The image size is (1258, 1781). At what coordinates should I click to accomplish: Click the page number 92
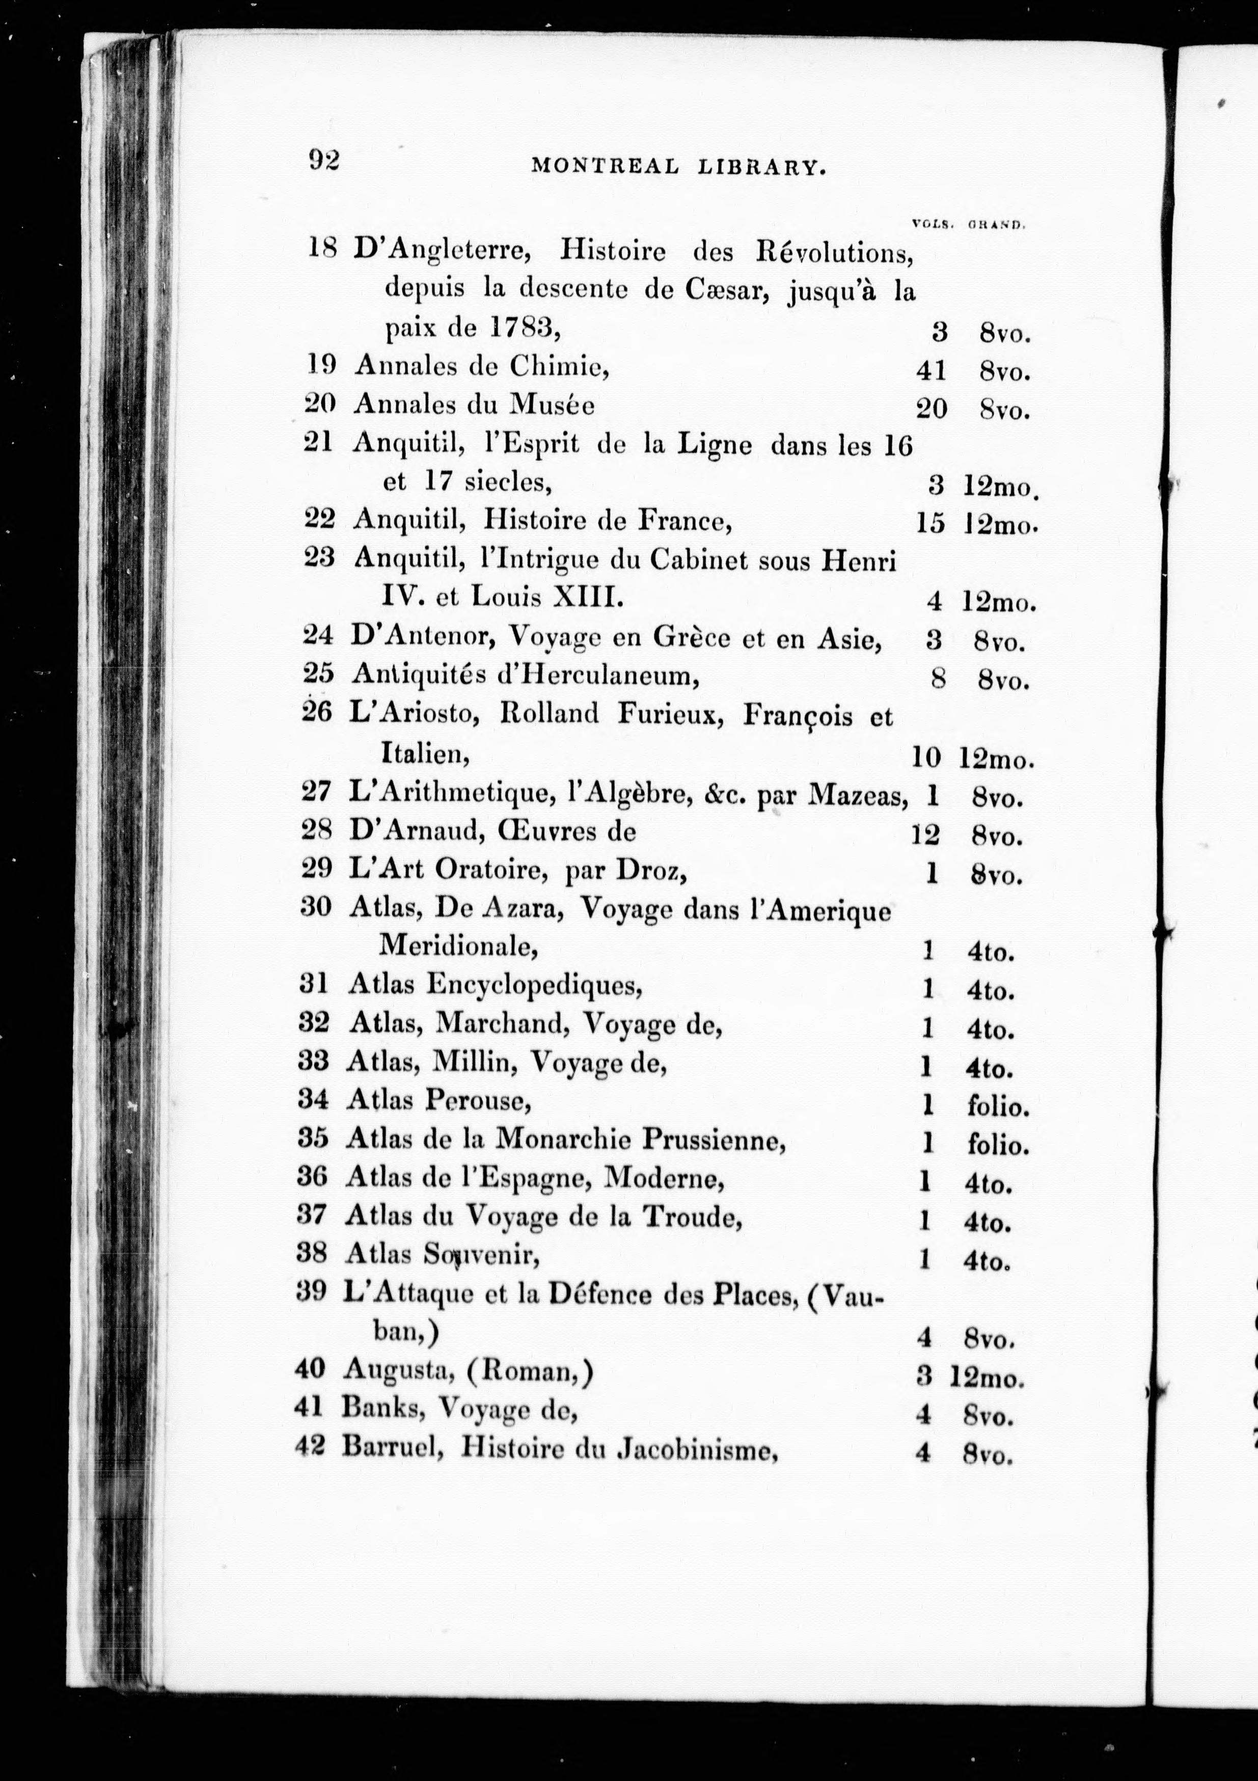(324, 160)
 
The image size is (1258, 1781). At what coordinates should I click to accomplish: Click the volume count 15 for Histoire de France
(930, 524)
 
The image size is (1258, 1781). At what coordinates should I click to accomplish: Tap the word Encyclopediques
(534, 985)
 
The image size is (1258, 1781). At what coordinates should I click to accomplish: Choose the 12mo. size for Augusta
(986, 1379)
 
